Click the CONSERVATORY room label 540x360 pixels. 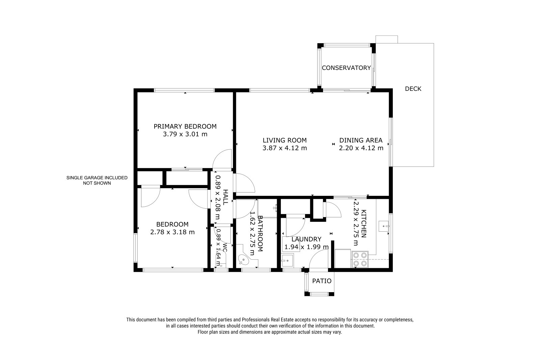(346, 68)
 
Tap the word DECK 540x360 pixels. (413, 89)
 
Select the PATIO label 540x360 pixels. (322, 281)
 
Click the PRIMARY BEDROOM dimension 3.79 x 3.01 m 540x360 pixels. (185, 134)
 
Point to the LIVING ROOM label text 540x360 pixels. (285, 140)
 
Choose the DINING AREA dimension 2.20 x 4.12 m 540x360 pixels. (361, 148)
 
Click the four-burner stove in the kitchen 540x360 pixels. (360, 259)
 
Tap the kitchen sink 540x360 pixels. (383, 226)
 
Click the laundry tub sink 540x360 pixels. (288, 261)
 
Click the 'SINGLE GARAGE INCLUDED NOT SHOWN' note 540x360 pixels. (97, 180)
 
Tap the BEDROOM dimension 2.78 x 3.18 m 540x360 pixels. (172, 232)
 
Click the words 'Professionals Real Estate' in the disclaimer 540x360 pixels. (268, 320)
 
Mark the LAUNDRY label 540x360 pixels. (306, 239)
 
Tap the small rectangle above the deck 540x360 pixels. (387, 39)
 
